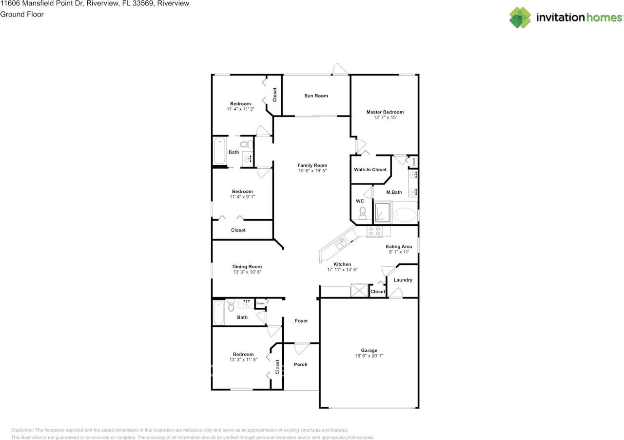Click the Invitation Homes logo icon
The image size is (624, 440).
click(x=520, y=18)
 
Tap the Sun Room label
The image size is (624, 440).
click(x=316, y=96)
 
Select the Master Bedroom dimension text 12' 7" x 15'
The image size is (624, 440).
click(x=385, y=118)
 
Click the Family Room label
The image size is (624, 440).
click(x=312, y=165)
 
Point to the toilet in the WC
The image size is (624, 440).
click(x=362, y=212)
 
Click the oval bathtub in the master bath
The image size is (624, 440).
click(x=405, y=214)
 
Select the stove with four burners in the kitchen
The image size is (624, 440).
click(x=374, y=232)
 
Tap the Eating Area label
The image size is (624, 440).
click(x=399, y=247)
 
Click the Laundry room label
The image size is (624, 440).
click(x=403, y=280)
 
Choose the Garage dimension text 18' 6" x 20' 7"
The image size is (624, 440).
click(x=369, y=356)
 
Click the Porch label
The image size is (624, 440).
click(x=301, y=364)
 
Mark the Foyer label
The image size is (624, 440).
click(x=301, y=321)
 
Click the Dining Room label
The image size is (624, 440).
click(x=247, y=267)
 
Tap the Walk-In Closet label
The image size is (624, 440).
click(x=370, y=170)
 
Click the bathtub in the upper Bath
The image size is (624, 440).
click(x=219, y=152)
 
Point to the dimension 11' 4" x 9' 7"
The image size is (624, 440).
click(x=242, y=197)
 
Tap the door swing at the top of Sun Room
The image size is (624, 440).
click(x=337, y=69)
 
